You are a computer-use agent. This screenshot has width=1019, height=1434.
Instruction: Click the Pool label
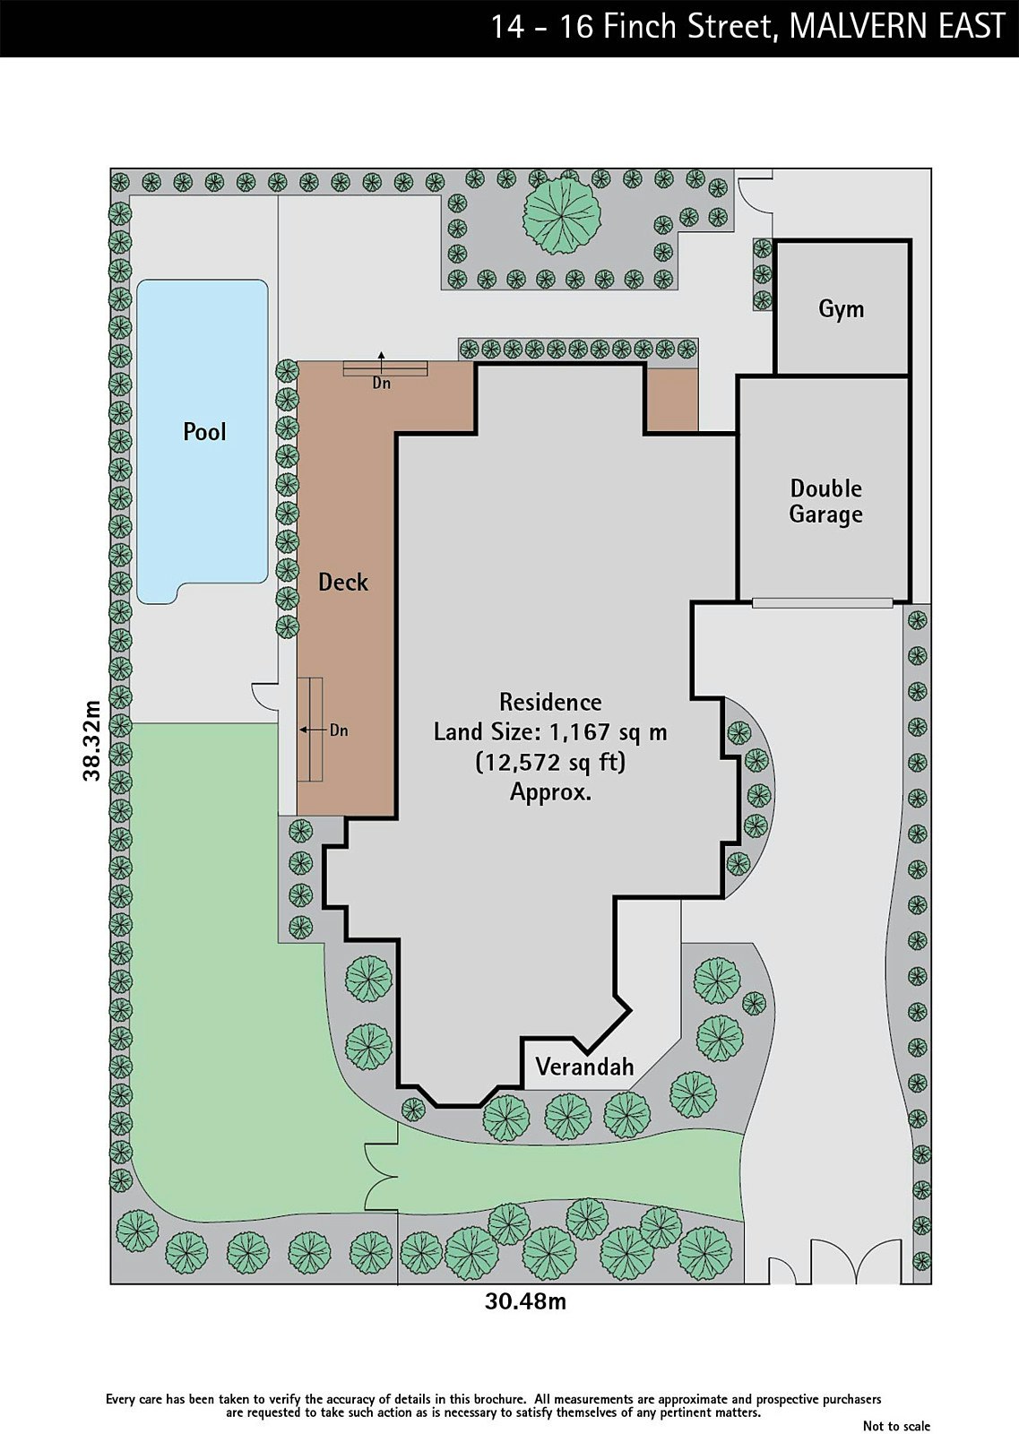205,431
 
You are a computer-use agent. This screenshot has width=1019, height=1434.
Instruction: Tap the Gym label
841,309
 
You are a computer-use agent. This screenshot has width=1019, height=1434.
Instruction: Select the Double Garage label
825,501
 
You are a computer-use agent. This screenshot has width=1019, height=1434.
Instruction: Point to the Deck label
343,582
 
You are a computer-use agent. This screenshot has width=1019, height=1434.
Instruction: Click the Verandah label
584,1067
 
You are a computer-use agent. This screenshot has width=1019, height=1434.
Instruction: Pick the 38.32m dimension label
91,740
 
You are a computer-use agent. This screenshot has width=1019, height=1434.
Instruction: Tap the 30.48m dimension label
525,1300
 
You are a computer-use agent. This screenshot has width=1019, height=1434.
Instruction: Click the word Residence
550,703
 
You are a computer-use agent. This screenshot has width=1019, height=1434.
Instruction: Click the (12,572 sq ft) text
550,763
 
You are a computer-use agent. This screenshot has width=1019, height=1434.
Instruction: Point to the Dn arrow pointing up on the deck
382,362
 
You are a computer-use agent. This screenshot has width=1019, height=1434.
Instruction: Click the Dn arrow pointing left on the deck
313,730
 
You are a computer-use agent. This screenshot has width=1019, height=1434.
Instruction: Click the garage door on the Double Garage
822,602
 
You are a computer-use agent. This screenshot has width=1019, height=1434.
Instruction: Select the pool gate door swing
264,696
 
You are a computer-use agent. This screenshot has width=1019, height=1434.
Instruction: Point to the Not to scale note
896,1425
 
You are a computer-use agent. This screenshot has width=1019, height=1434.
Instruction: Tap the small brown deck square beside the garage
670,399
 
